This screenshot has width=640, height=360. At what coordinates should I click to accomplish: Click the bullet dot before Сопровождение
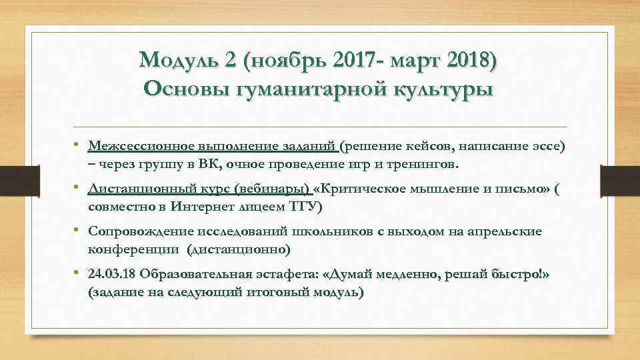point(78,231)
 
